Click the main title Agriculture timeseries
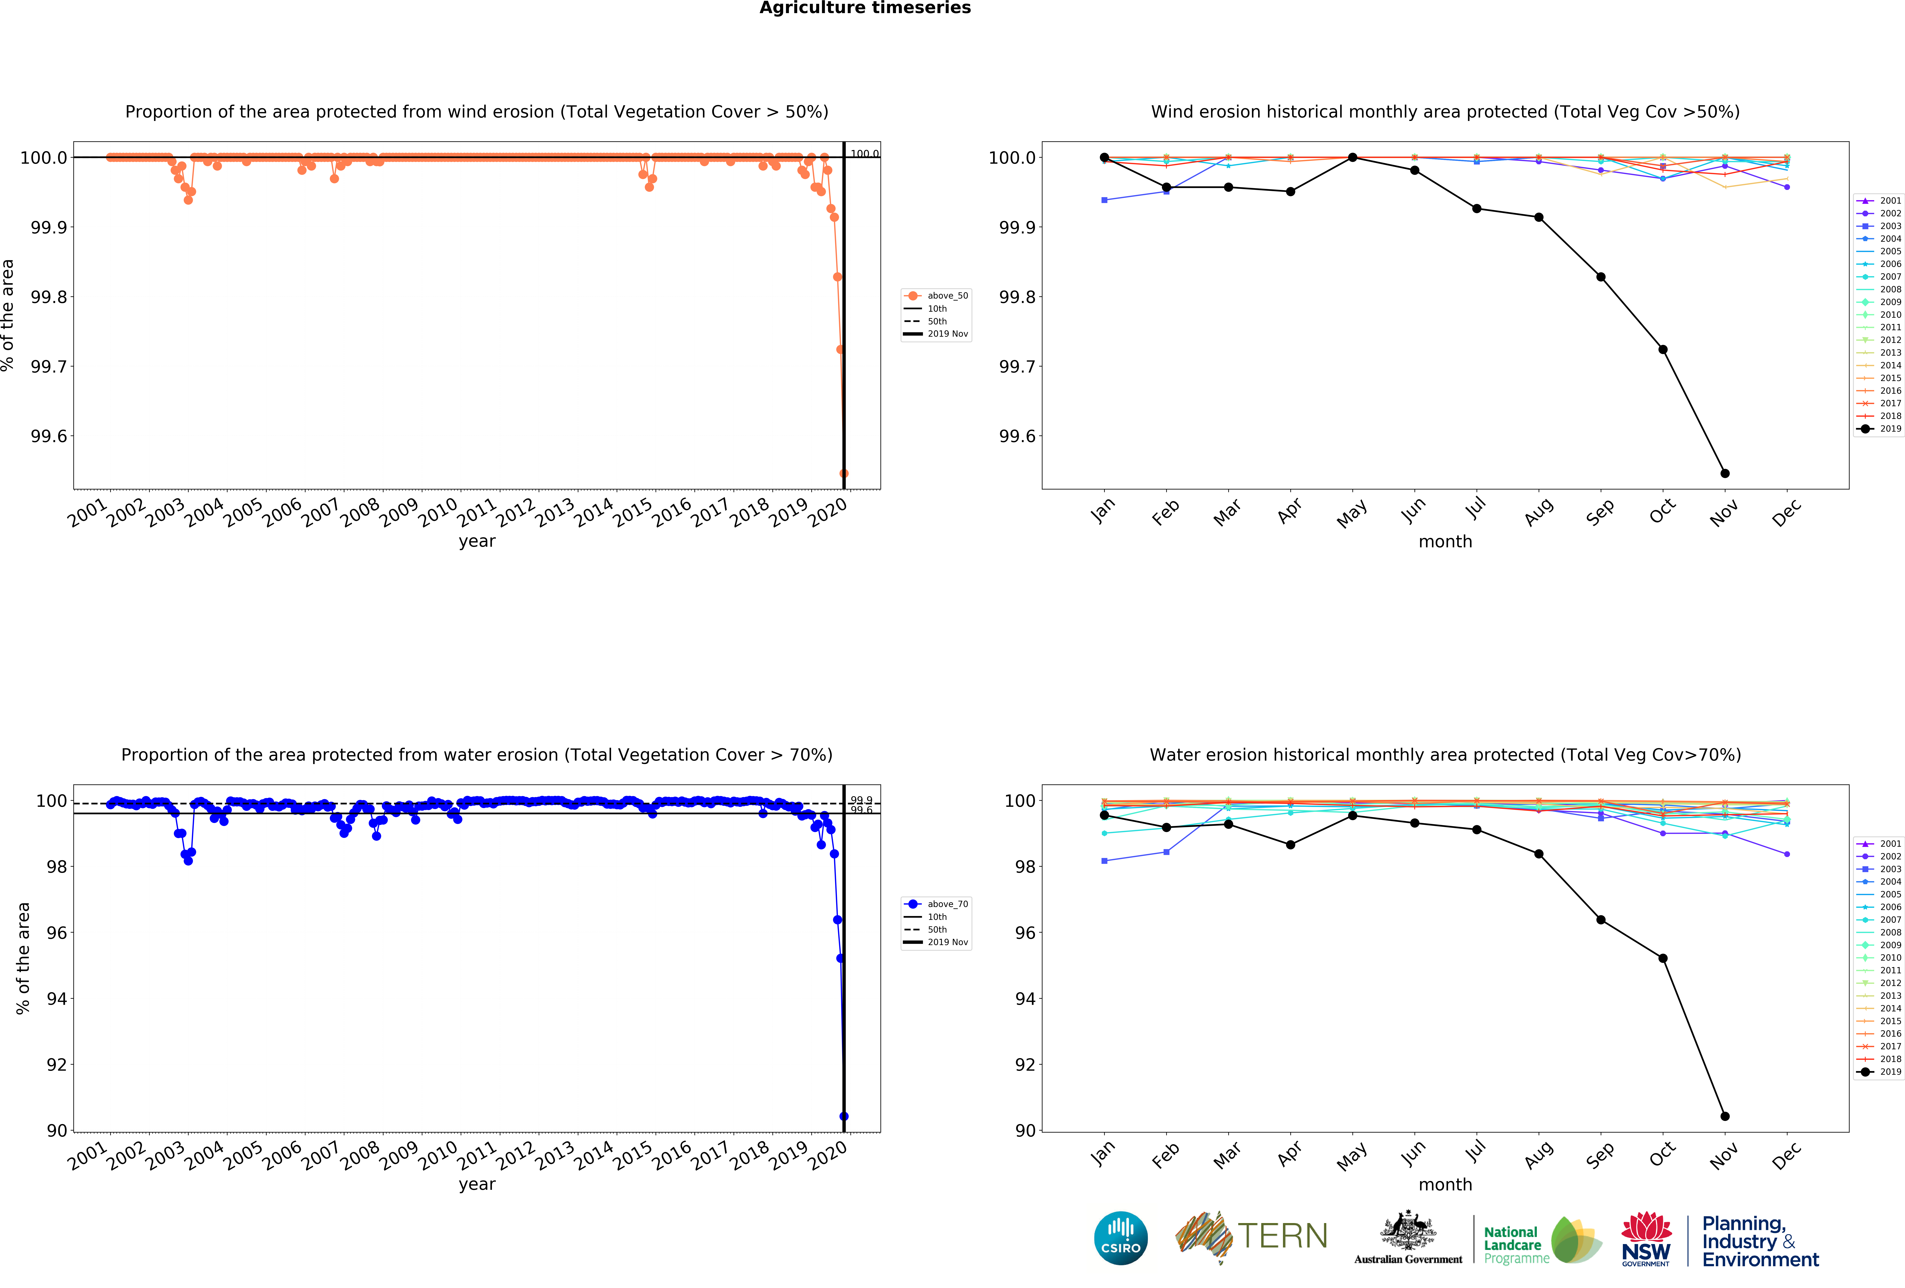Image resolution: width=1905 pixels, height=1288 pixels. click(865, 8)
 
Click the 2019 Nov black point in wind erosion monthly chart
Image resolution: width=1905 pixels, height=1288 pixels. click(1725, 473)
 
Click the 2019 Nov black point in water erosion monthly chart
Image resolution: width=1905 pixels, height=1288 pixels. click(1725, 1116)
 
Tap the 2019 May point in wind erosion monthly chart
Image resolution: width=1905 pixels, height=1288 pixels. click(1352, 157)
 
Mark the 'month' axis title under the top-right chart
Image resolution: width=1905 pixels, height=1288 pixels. click(1445, 542)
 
